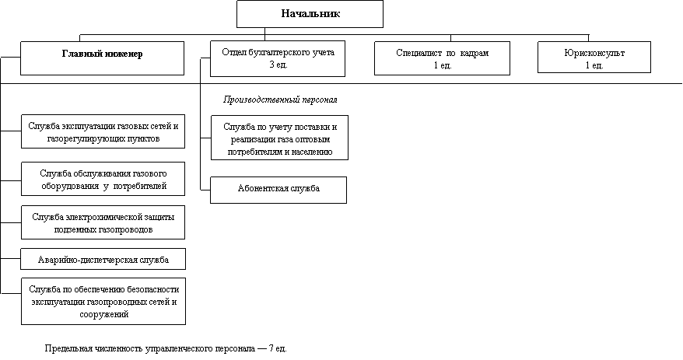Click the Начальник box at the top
(310, 14)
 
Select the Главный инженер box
(103, 58)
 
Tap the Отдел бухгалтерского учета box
(278, 59)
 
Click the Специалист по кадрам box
(442, 59)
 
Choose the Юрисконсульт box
(594, 57)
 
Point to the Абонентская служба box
(278, 190)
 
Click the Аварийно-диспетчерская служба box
(103, 259)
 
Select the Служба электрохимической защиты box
(103, 222)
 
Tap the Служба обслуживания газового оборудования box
(103, 179)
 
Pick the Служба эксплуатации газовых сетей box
(103, 131)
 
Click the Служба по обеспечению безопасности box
(103, 301)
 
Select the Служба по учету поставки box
(279, 138)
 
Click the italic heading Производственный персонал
(280, 100)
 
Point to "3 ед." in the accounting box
(278, 65)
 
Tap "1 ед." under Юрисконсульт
(594, 66)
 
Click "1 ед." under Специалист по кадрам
(443, 66)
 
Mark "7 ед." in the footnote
(278, 348)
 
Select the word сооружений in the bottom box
(104, 314)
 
